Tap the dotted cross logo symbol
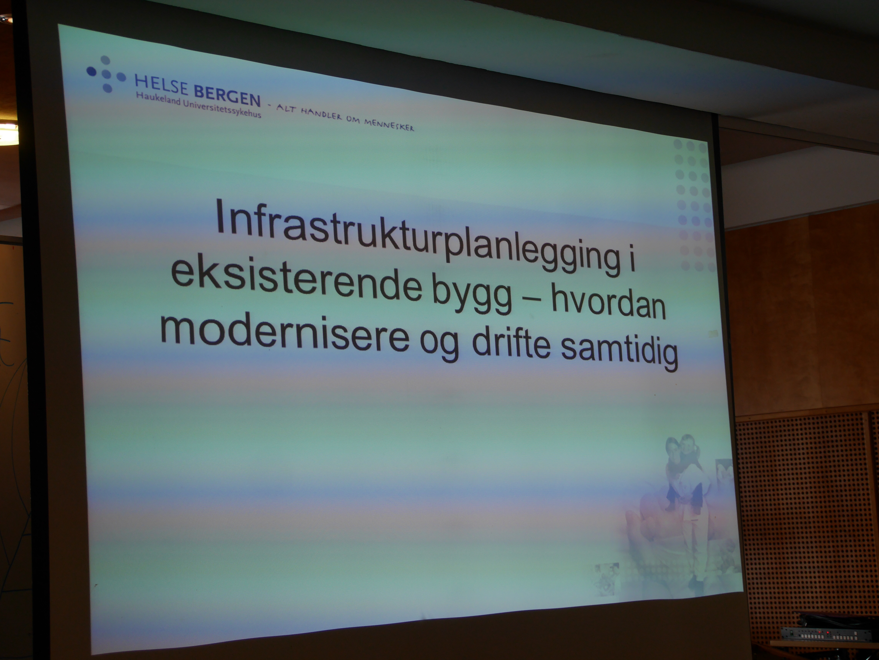pyautogui.click(x=106, y=74)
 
